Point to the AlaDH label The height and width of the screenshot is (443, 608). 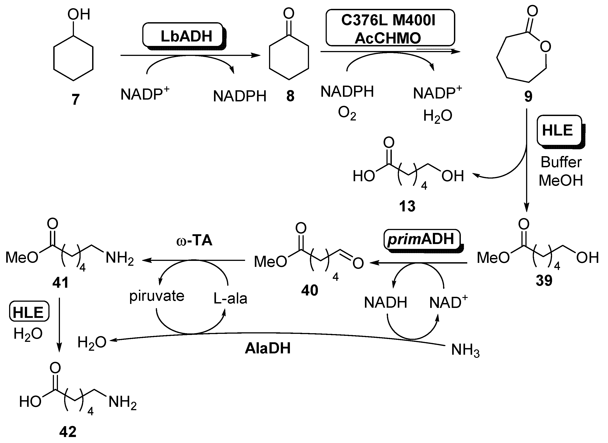(268, 348)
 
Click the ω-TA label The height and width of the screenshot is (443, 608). (194, 240)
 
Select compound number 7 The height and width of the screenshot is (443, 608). (76, 99)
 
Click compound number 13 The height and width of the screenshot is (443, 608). (407, 206)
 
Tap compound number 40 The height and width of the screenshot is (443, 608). (309, 290)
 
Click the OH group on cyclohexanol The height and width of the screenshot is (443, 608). (78, 14)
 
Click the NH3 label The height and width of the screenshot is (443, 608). (465, 350)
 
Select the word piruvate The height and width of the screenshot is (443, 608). (157, 296)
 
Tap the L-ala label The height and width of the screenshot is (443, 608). (230, 298)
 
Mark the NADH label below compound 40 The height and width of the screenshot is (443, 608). (385, 303)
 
